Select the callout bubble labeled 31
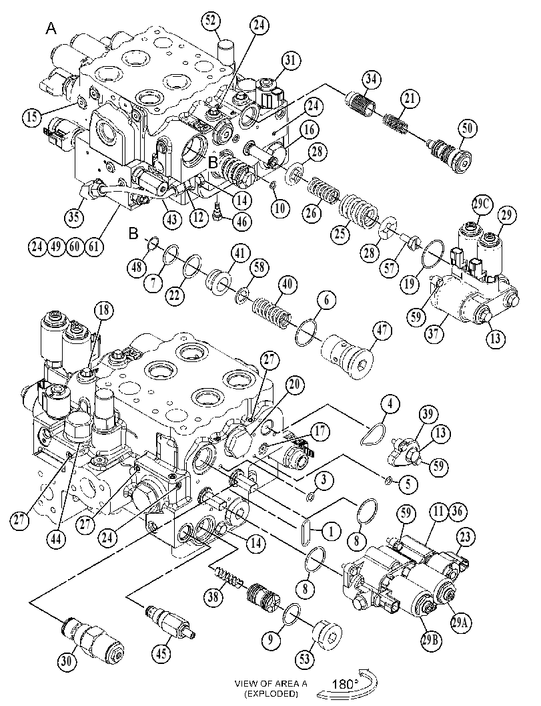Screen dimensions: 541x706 tap(292, 61)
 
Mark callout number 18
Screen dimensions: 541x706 tap(104, 310)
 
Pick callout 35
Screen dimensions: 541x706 tap(74, 217)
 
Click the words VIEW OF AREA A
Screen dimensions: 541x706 tap(271, 683)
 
